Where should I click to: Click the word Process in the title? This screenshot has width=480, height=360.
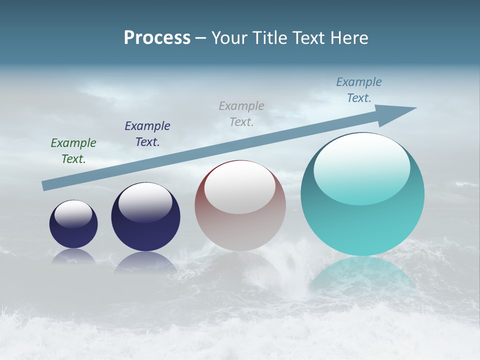tap(157, 38)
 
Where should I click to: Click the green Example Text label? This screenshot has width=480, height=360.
tap(73, 150)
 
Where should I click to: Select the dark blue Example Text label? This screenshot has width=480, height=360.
tap(147, 133)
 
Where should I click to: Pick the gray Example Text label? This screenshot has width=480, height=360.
tap(241, 113)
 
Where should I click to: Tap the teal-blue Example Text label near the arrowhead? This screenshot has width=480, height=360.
tap(359, 89)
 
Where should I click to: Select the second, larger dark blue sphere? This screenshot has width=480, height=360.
tap(145, 227)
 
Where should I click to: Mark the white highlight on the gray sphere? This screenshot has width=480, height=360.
tap(240, 186)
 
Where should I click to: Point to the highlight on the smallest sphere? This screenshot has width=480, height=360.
tap(73, 213)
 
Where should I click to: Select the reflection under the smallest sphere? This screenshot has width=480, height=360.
tap(73, 256)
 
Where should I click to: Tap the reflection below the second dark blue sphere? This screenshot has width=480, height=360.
tap(145, 262)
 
